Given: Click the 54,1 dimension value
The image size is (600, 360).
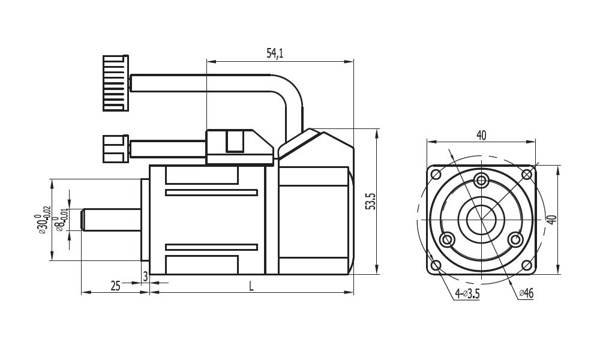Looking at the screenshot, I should click(x=275, y=53).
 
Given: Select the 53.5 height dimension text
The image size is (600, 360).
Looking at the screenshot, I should click(x=371, y=201).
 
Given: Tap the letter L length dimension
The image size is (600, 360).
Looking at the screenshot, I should click(x=251, y=286).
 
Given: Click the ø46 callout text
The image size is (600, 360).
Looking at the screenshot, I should click(x=526, y=293).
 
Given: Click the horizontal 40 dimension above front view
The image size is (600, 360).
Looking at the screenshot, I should click(x=481, y=136).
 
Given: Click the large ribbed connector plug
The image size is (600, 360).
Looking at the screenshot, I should click(x=115, y=83).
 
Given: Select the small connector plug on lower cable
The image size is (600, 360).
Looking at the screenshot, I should click(x=115, y=148).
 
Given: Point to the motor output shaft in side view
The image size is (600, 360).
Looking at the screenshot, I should click(x=111, y=220).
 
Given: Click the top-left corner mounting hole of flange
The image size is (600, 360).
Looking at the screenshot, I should click(x=436, y=175).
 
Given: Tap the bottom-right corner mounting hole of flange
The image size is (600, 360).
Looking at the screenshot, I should click(x=526, y=265).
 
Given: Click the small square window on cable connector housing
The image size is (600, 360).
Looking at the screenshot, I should click(x=235, y=141).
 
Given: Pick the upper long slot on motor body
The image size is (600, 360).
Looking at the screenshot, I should click(x=211, y=193).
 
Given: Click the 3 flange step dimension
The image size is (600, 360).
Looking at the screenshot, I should click(x=145, y=276).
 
